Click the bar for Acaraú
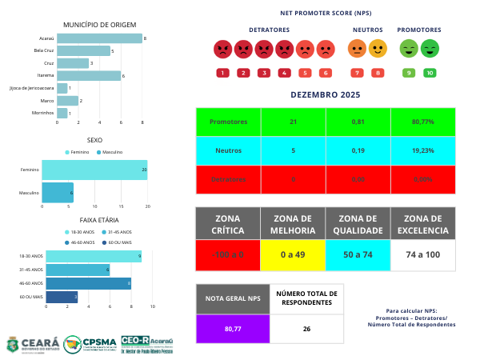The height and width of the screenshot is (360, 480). coord(99,38)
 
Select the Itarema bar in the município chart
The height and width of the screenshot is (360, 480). coord(89,76)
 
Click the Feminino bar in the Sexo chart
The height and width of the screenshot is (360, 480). coord(94,170)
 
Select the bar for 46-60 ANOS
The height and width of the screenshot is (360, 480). coord(88,282)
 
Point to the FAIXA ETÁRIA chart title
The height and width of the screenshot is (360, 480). coord(100,218)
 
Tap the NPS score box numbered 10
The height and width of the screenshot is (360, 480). coord(430,73)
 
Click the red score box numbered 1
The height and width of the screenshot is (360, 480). coord(222,73)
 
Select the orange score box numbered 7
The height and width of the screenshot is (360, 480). coord(356,73)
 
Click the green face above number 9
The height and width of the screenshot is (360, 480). coord(408,50)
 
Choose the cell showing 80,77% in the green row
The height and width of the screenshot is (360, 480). coord(423,122)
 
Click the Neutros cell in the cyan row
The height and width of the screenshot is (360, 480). coord(228,150)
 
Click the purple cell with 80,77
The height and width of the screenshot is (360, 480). coord(232,328)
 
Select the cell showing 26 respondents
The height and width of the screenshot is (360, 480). coord(306,328)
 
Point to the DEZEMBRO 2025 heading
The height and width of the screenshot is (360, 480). coord(325,95)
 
